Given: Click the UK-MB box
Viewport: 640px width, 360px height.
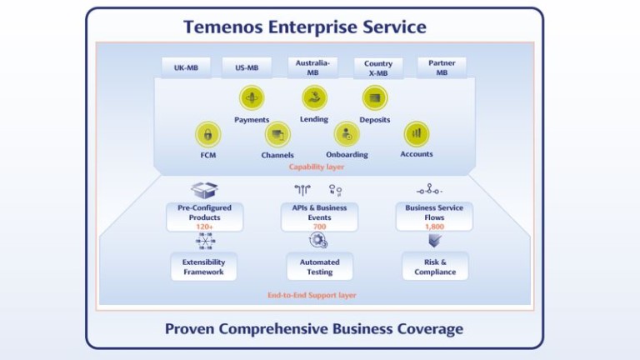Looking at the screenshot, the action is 186,67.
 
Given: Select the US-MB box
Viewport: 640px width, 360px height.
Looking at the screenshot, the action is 247,67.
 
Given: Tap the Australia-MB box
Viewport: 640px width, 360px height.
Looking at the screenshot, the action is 312,67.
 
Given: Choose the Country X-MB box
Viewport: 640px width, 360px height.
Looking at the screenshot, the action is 378,67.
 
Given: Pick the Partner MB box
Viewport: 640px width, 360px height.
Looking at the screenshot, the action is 442,67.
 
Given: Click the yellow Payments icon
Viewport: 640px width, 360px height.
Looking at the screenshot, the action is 252,98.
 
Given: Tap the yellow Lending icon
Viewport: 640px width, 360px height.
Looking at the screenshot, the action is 314,98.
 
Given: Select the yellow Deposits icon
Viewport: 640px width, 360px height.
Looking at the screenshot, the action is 375,98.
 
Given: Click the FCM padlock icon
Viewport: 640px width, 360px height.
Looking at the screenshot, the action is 208,134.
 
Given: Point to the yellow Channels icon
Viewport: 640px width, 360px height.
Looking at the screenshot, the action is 277,134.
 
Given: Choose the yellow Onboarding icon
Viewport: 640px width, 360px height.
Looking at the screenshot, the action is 347,134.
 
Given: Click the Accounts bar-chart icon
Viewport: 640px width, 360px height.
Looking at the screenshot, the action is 417,134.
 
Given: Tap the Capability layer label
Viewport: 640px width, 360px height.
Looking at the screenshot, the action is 317,167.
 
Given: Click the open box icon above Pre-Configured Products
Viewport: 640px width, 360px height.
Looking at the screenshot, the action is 204,190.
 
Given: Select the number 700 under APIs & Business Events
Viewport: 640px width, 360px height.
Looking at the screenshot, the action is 320,227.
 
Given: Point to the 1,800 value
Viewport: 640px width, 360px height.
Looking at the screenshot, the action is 434,227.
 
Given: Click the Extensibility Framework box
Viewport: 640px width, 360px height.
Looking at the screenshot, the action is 203,267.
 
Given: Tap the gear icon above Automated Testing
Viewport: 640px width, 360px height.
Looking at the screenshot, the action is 318,240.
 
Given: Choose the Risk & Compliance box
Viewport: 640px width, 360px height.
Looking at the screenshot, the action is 435,267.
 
